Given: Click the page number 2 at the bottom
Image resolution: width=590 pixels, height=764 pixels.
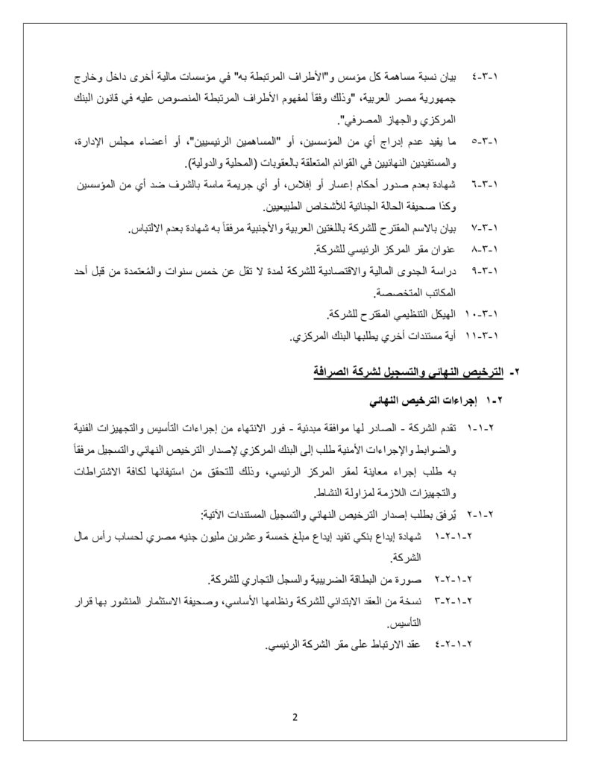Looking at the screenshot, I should tap(295, 718).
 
